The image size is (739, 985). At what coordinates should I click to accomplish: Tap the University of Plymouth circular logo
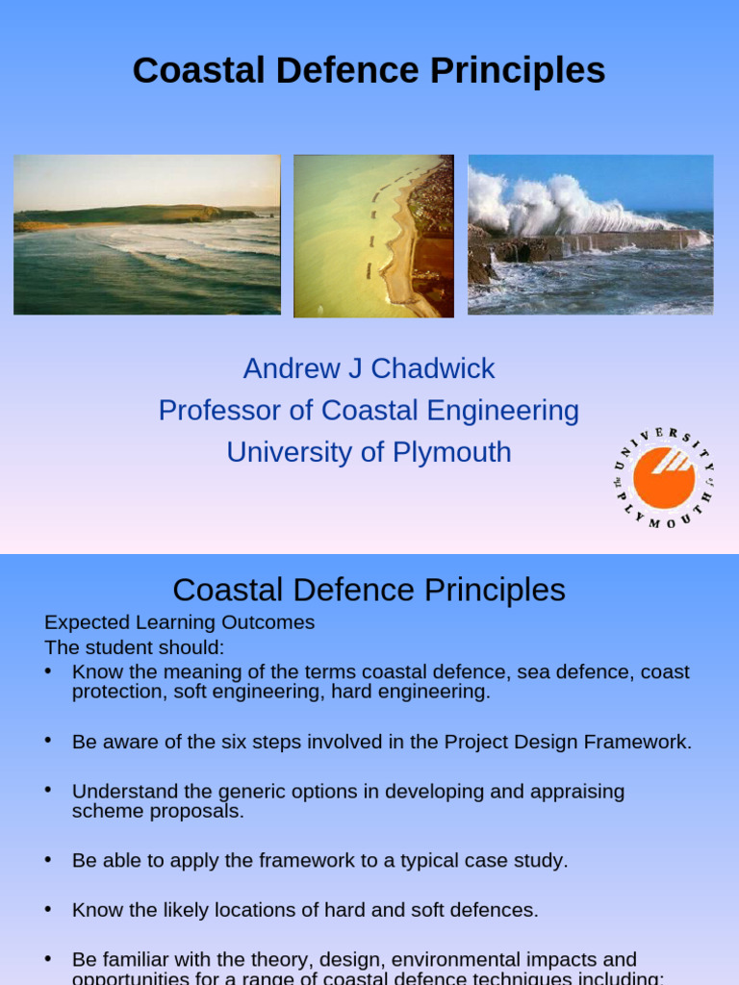pyautogui.click(x=664, y=478)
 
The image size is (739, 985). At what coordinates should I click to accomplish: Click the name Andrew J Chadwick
pyautogui.click(x=369, y=368)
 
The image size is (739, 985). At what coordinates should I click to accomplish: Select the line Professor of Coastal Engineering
pyautogui.click(x=369, y=411)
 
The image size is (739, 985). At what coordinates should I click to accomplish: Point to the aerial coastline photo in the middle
pyautogui.click(x=373, y=236)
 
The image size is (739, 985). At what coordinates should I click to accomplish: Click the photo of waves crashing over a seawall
pyautogui.click(x=590, y=235)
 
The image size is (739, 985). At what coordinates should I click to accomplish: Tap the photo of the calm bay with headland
pyautogui.click(x=147, y=235)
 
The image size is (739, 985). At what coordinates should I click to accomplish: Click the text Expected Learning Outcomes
pyautogui.click(x=180, y=622)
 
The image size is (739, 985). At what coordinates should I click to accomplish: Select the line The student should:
pyautogui.click(x=135, y=647)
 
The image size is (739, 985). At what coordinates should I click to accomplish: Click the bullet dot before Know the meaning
pyautogui.click(x=48, y=670)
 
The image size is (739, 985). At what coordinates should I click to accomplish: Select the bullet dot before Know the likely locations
pyautogui.click(x=48, y=908)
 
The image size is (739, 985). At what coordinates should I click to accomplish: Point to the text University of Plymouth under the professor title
pyautogui.click(x=369, y=452)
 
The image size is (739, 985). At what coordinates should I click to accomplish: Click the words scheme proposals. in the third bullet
pyautogui.click(x=158, y=811)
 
